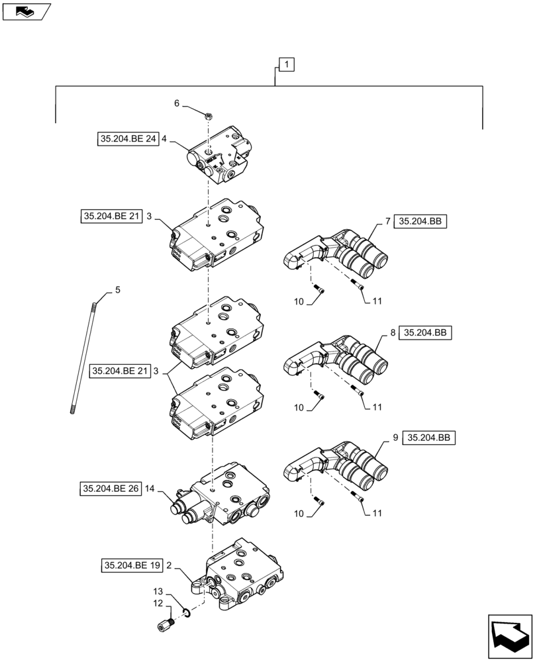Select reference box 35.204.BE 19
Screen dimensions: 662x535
point(131,565)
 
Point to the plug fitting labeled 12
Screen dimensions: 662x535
point(168,624)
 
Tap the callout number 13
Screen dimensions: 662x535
point(158,591)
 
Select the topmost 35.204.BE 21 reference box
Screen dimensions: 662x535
point(111,216)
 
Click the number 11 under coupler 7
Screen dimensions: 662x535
point(377,301)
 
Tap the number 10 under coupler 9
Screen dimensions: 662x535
point(299,514)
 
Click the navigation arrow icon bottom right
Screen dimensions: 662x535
point(511,636)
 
